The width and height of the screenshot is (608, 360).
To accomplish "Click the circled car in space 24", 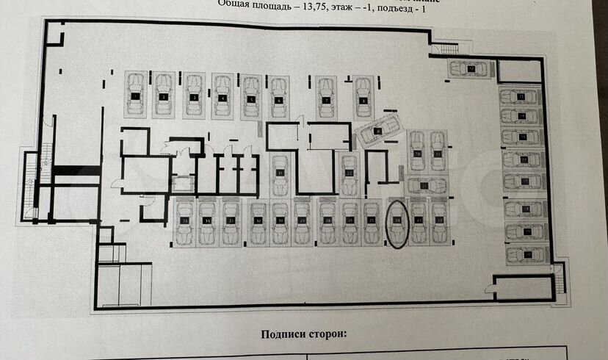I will pos(397,223).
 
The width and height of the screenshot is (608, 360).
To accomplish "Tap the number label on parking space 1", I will pos(135,96).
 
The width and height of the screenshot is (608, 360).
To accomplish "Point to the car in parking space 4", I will pos(222,96).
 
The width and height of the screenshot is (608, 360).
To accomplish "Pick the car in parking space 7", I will pos(327,96).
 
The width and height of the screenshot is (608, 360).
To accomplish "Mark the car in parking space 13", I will pos(521,96).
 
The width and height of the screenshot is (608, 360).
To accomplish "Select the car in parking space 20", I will pos(526,253).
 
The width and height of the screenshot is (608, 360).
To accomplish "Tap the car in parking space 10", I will pos(417,150).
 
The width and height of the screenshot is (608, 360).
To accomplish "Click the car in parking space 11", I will pos(438,150).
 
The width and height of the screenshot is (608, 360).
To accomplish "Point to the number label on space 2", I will pos(164,96).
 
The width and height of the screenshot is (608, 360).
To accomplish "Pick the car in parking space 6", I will pos(278,96).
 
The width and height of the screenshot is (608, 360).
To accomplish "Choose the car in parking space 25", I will pos(372,222).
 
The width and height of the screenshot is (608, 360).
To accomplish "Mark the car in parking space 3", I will pos(194,96).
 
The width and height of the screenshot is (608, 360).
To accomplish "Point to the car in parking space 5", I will pos(251,96).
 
